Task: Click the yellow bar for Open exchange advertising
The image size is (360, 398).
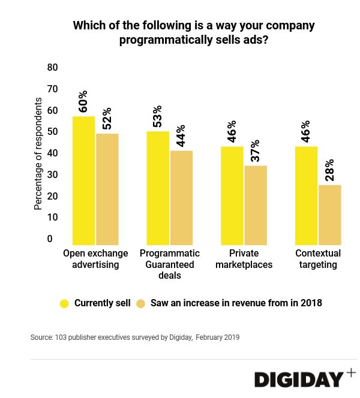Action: coord(83,180)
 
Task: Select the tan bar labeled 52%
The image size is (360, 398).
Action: coord(107,188)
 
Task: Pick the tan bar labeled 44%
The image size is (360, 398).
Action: coord(181,197)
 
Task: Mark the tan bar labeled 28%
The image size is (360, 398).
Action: coord(329,213)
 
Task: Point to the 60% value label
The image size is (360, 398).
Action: coord(83,101)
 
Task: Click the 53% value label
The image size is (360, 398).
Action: coord(157,117)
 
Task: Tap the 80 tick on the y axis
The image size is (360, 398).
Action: coord(52,68)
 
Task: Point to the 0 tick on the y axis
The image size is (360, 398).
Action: coord(50,239)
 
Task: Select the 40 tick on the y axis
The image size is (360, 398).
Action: coord(52,153)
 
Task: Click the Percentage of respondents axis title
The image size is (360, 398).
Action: coord(38,153)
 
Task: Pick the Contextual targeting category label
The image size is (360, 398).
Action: coord(318,259)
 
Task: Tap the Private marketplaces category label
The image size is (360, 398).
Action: coord(244,259)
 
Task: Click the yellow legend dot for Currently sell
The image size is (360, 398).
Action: coord(64,303)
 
